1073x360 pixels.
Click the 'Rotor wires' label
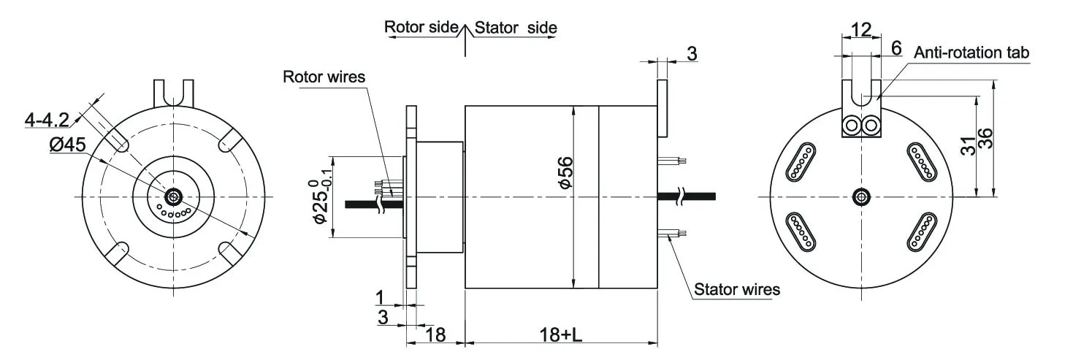[324, 77]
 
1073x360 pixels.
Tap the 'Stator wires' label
[736, 289]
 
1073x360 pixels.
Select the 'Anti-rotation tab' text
[971, 53]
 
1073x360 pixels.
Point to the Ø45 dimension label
[68, 145]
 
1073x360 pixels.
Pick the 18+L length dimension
[562, 335]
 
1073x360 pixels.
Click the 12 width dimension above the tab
[861, 29]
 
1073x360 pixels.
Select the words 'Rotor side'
[421, 28]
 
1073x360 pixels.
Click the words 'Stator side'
[516, 28]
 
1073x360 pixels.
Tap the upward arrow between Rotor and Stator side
[466, 37]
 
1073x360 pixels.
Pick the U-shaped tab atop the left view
[173, 93]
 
